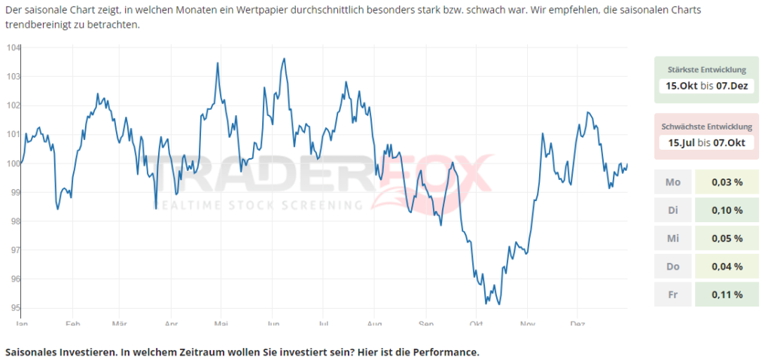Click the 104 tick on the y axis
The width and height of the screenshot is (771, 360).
(x=13, y=47)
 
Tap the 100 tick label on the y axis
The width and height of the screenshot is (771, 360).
(x=12, y=163)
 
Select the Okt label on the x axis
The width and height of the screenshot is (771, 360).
(x=476, y=324)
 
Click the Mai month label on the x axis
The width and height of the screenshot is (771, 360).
(x=221, y=324)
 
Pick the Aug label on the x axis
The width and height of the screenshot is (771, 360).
(x=374, y=324)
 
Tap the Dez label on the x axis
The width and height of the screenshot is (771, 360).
(x=578, y=324)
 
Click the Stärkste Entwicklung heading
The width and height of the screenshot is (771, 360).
(x=705, y=70)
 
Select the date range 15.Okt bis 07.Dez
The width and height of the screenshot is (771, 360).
(x=705, y=86)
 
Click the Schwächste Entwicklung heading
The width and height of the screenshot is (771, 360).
(x=705, y=127)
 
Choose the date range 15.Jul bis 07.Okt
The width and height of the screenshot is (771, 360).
(x=705, y=142)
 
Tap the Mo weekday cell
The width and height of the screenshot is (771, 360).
(x=673, y=182)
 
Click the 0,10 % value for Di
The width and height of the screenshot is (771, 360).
(x=727, y=210)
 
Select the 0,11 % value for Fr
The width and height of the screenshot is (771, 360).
(x=727, y=294)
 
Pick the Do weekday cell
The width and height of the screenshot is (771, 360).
(x=673, y=267)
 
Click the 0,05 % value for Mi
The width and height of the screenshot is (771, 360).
(x=727, y=239)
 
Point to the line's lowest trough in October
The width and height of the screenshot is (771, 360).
(x=486, y=304)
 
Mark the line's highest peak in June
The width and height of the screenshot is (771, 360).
(x=284, y=58)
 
